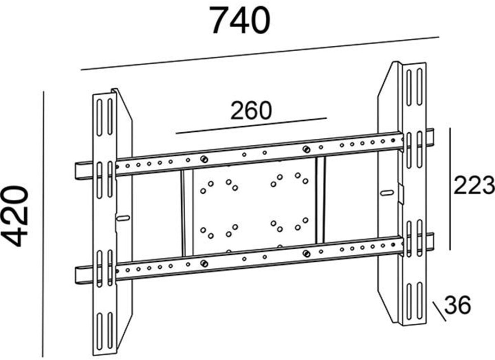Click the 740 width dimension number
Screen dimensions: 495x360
[x=240, y=21]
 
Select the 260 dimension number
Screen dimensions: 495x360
[x=251, y=111]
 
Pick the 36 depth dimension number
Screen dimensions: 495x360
[x=457, y=306]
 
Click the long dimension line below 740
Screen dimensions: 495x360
[x=260, y=53]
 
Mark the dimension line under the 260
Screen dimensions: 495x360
[x=251, y=126]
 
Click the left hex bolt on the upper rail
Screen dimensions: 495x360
[x=203, y=159]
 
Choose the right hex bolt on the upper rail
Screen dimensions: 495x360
[x=306, y=149]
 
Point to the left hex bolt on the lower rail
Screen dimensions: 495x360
[x=203, y=263]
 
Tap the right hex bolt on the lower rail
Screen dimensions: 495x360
[x=306, y=253]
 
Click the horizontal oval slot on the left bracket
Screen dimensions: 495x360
[x=123, y=218]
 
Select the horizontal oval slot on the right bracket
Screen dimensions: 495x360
[x=387, y=192]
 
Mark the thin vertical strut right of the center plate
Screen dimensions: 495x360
[x=321, y=200]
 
